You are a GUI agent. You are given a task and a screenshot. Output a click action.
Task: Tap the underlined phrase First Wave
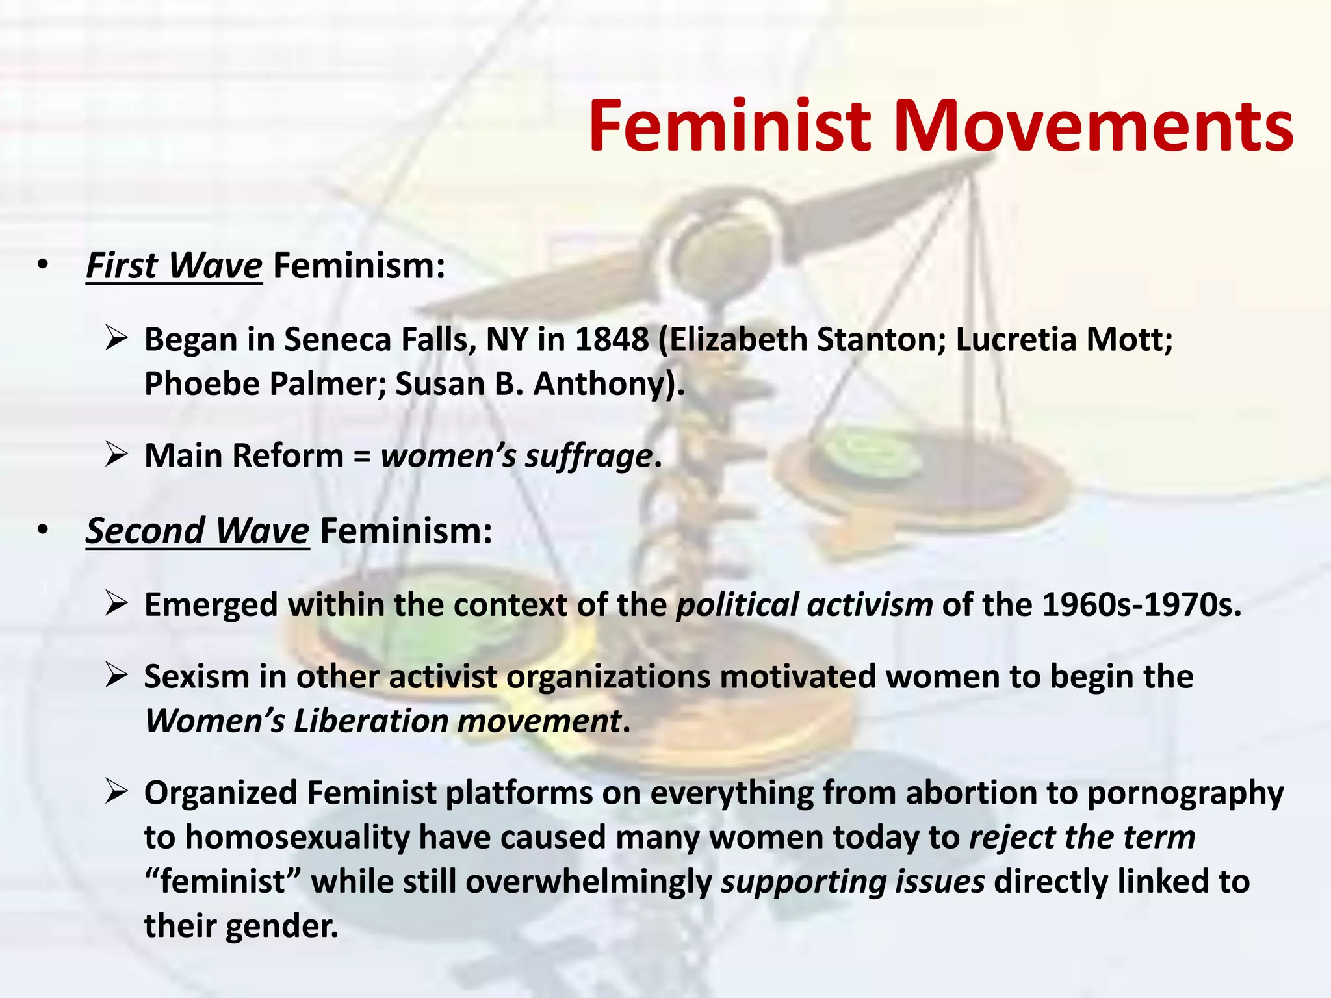point(174,266)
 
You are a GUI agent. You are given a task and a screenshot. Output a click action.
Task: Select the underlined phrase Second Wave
point(198,531)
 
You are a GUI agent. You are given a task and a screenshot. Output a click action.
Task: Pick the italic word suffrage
point(588,456)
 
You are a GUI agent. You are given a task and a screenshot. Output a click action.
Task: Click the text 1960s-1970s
point(1141,605)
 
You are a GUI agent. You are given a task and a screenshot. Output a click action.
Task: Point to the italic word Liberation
point(371,721)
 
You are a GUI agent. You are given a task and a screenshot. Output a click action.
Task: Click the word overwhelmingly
point(589,882)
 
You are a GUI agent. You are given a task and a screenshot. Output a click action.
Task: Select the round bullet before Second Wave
point(43,531)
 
